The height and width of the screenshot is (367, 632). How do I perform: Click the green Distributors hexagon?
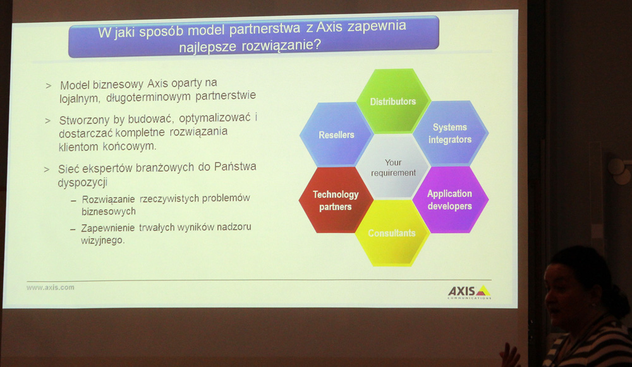click(x=393, y=101)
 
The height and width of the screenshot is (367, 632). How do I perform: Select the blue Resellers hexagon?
click(x=336, y=135)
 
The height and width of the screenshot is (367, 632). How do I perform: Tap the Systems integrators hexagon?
click(x=450, y=133)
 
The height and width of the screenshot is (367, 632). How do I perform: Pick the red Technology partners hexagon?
click(x=336, y=200)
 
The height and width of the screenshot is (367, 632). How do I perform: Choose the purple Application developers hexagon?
click(x=450, y=200)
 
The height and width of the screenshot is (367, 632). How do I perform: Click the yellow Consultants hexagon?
click(x=392, y=233)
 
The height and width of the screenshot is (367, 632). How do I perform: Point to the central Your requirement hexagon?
click(x=393, y=167)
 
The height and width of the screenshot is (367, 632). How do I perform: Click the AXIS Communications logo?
click(x=469, y=292)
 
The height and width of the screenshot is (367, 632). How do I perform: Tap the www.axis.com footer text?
click(x=51, y=287)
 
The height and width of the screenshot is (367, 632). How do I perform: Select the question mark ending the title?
click(x=317, y=44)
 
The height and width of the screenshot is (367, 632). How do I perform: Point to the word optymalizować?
click(x=215, y=119)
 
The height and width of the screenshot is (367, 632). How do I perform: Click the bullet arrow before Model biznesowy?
click(x=49, y=86)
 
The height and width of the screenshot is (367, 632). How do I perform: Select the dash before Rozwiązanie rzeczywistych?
click(x=73, y=201)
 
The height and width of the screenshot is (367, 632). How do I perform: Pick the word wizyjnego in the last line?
click(x=103, y=241)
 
